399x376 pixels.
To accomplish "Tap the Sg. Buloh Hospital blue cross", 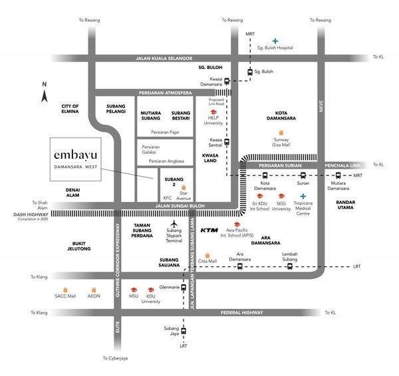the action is pyautogui.click(x=275, y=41).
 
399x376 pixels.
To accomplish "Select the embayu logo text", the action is pyautogui.click(x=76, y=155).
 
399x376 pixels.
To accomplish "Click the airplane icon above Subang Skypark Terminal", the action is pyautogui.click(x=174, y=224).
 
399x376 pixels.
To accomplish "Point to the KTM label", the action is pyautogui.click(x=209, y=230).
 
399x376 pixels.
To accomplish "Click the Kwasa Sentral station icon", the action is pyautogui.click(x=227, y=142).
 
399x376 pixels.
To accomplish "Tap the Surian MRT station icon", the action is pyautogui.click(x=303, y=175).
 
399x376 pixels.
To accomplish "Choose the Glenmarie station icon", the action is pyautogui.click(x=184, y=287).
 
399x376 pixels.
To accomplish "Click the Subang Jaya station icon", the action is pyautogui.click(x=184, y=331).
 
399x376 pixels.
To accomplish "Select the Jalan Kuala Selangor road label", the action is pyautogui.click(x=164, y=58).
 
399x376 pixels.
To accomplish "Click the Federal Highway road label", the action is pyautogui.click(x=242, y=312).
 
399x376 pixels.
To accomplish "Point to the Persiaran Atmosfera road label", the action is pyautogui.click(x=165, y=93).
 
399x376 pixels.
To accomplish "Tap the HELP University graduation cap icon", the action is pyautogui.click(x=213, y=112).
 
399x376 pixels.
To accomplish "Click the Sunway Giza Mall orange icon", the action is pyautogui.click(x=281, y=133).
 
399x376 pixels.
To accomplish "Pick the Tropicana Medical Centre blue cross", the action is pyautogui.click(x=303, y=196).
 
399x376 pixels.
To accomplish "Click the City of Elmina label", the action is pyautogui.click(x=70, y=109).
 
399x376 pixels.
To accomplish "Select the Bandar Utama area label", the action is pyautogui.click(x=345, y=205).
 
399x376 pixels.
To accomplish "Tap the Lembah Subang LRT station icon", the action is pyautogui.click(x=290, y=266).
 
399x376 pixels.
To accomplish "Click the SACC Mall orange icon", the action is pyautogui.click(x=65, y=290).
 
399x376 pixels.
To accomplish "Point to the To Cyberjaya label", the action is pyautogui.click(x=115, y=358).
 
